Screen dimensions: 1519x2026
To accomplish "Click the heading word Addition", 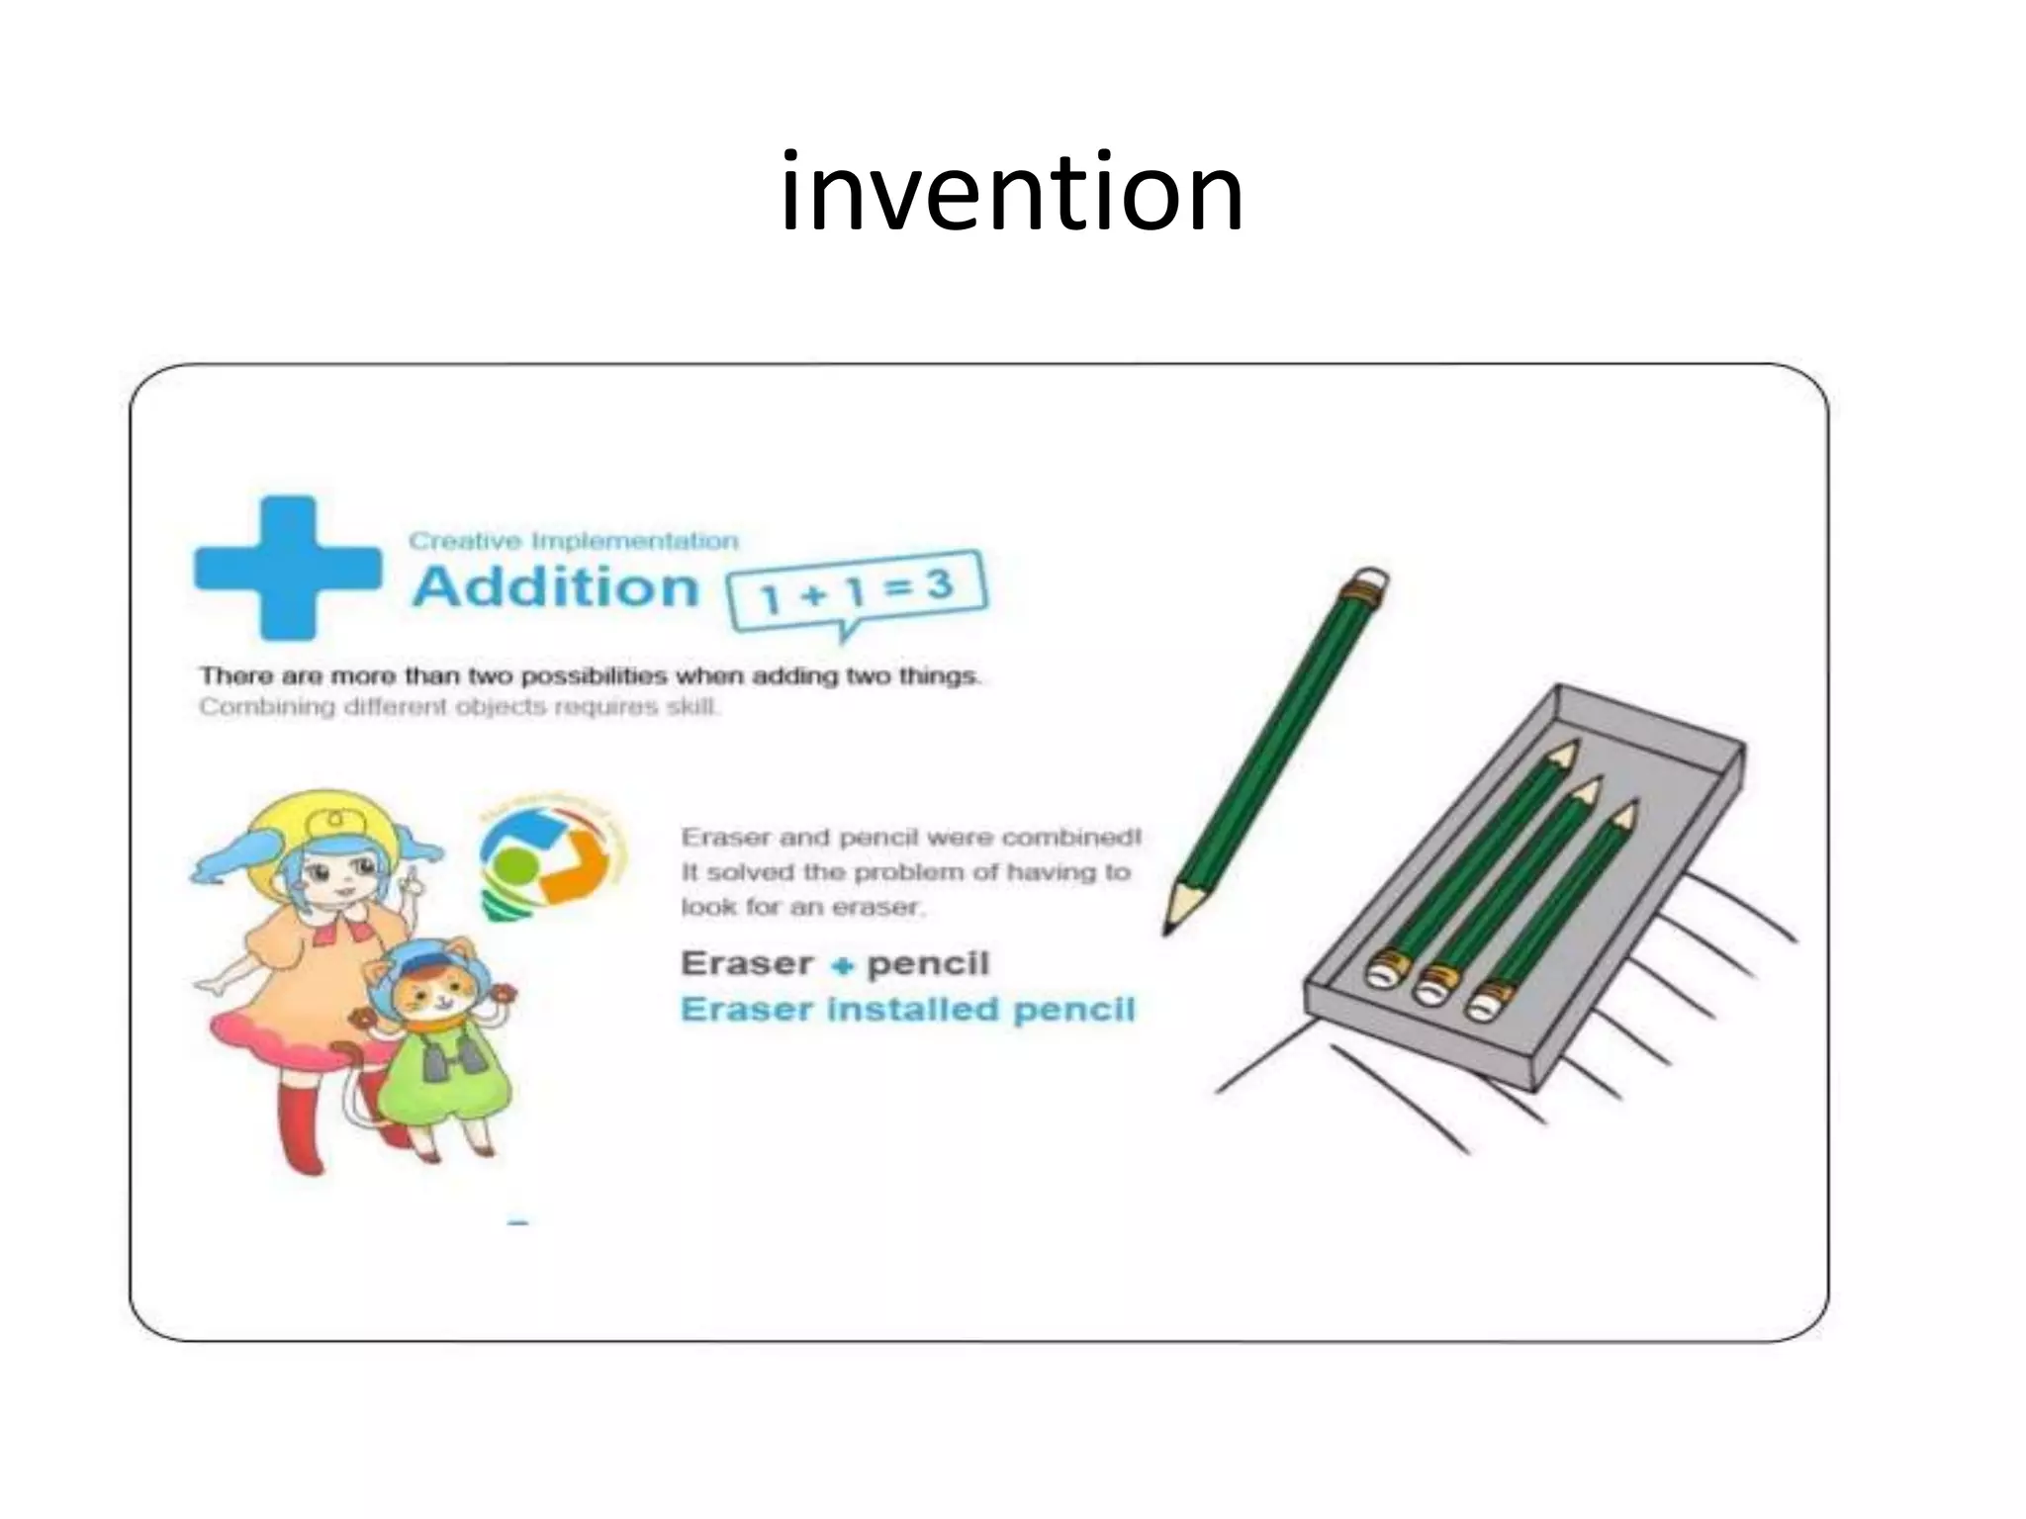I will pos(556,586).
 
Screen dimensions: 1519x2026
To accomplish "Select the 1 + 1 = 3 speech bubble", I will pos(857,590).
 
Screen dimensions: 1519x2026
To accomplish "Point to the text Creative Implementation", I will pos(574,541).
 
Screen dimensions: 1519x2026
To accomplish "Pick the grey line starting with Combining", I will pos(459,708).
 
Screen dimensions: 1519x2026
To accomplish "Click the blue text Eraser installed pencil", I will pos(907,1010).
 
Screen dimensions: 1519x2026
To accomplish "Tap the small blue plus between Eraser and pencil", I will pos(841,966).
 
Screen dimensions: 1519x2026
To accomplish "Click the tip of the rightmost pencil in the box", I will pos(1622,817).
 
